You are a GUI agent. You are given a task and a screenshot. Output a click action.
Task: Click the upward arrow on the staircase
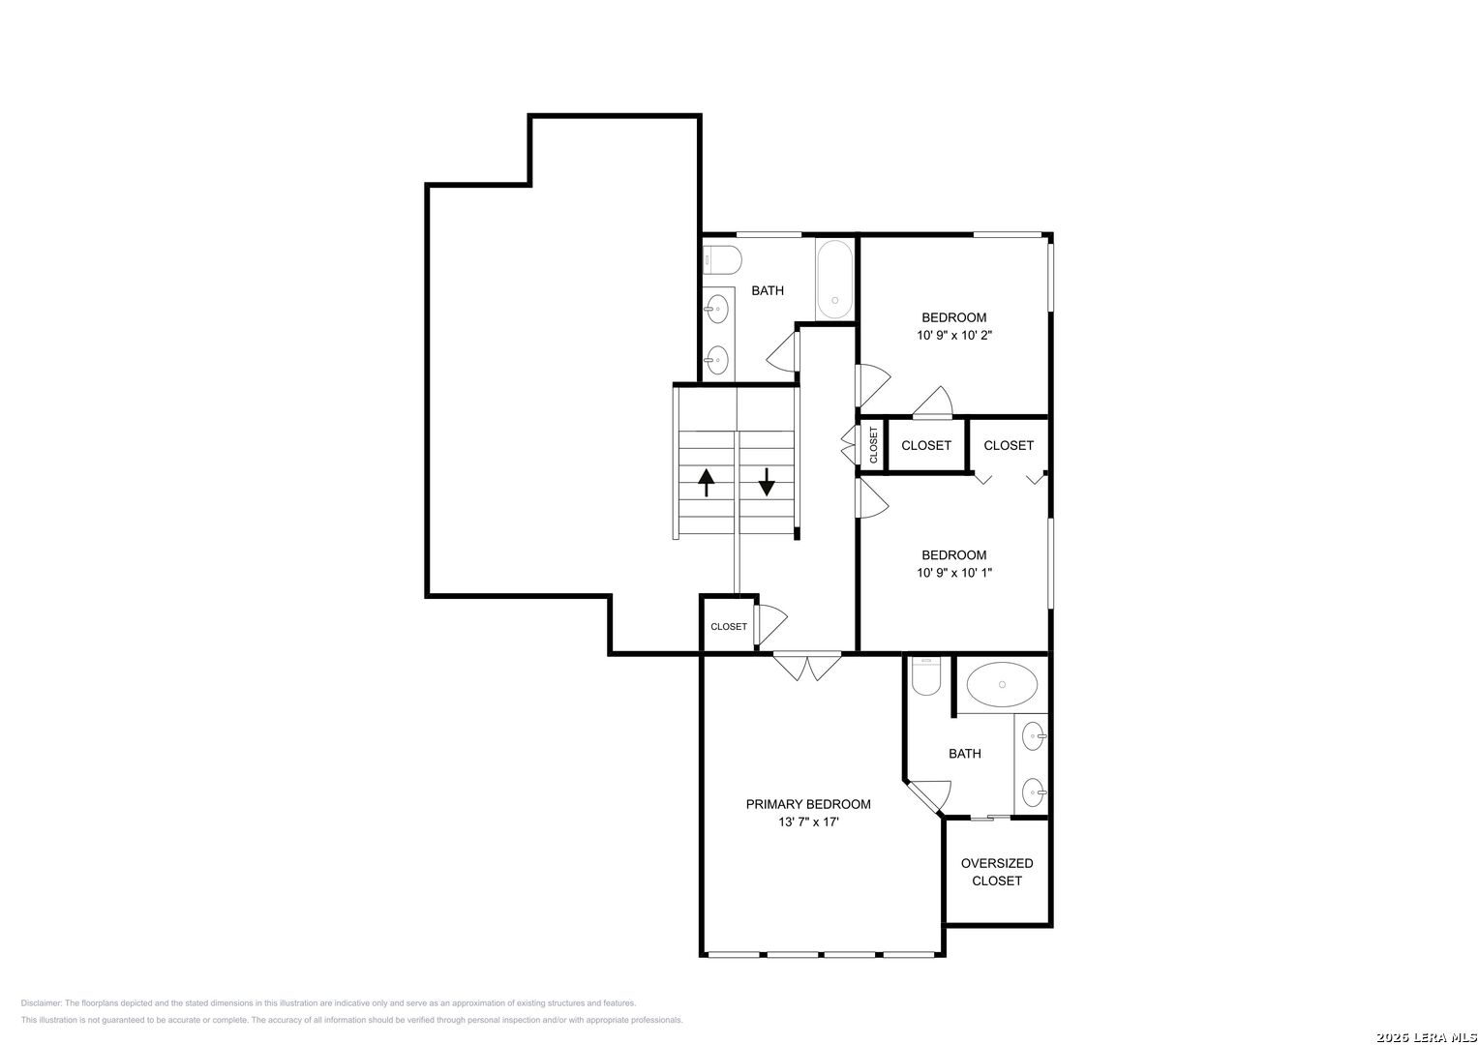(x=706, y=482)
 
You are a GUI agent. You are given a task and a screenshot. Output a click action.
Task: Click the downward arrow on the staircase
(x=766, y=482)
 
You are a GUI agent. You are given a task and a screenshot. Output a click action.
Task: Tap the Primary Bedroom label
(x=808, y=804)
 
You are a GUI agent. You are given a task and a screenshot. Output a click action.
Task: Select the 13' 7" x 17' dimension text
(x=808, y=822)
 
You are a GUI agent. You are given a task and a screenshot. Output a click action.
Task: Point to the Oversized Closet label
(x=997, y=872)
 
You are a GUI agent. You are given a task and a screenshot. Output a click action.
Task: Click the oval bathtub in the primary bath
(x=1002, y=684)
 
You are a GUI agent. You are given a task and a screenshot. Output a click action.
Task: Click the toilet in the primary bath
(x=926, y=676)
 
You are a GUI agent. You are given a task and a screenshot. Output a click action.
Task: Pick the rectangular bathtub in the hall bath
(x=834, y=279)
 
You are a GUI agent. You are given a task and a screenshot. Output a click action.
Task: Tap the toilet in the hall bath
(x=722, y=260)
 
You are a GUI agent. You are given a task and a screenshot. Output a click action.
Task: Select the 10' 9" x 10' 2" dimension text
(x=954, y=335)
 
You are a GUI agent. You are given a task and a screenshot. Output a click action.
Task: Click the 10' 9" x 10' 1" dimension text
(x=954, y=573)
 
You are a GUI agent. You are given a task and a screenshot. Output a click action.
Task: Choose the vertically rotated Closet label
(x=874, y=445)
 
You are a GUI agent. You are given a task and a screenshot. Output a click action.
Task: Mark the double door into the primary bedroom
(x=807, y=667)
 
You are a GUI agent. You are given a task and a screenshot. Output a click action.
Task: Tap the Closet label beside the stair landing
(x=729, y=627)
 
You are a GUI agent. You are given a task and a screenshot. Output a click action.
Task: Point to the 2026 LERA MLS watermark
(x=1427, y=1037)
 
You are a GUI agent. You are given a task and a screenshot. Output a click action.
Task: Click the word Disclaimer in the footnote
(x=41, y=1003)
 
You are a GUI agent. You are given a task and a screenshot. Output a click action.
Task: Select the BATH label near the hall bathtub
(x=768, y=290)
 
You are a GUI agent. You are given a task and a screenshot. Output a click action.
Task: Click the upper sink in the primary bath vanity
(x=1034, y=735)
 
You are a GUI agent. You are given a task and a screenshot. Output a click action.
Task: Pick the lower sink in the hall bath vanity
(x=716, y=360)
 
